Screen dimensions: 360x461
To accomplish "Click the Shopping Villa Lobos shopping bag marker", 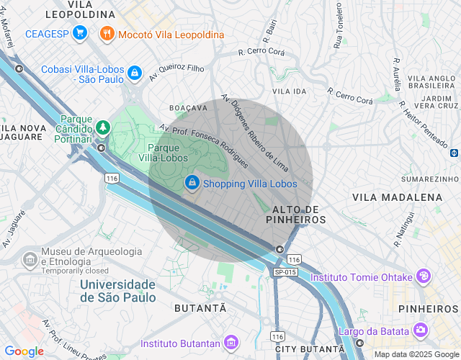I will pyautogui.click(x=192, y=184).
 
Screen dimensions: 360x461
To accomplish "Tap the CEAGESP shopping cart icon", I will pyautogui.click(x=79, y=33).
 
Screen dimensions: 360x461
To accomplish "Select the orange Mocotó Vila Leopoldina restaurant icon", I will pyautogui.click(x=107, y=33).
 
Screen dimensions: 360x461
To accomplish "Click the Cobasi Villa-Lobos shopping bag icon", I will pyautogui.click(x=134, y=72).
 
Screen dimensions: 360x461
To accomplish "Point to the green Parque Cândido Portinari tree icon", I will pyautogui.click(x=102, y=127).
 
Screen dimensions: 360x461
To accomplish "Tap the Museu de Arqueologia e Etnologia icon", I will pyautogui.click(x=30, y=258).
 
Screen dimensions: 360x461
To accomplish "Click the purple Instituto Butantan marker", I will pyautogui.click(x=230, y=342).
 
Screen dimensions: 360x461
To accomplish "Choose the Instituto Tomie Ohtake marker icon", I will pyautogui.click(x=424, y=276).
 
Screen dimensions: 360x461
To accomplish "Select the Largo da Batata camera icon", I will pyautogui.click(x=419, y=330).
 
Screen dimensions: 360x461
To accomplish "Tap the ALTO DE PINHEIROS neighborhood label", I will pyautogui.click(x=295, y=214).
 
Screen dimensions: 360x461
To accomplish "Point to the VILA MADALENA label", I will pyautogui.click(x=397, y=197).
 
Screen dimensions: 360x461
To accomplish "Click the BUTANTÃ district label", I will pyautogui.click(x=200, y=307).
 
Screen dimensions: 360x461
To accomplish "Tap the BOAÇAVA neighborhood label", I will pyautogui.click(x=188, y=107).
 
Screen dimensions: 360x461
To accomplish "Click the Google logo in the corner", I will pyautogui.click(x=23, y=351).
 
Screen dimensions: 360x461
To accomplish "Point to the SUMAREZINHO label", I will pyautogui.click(x=430, y=178).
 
